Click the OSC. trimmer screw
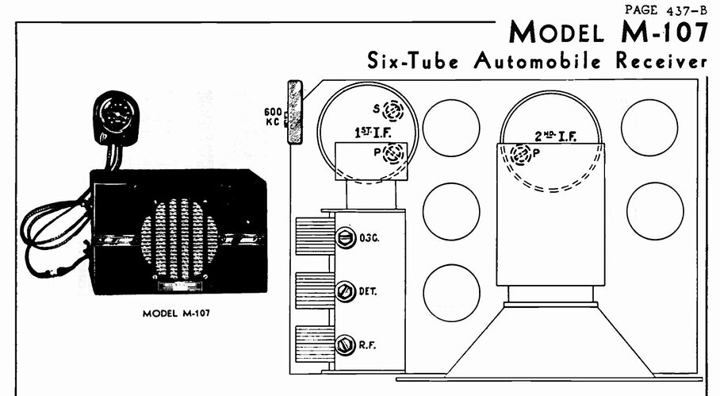point(345,238)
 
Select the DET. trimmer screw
point(345,291)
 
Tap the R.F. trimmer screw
point(345,345)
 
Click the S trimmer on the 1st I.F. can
point(393,110)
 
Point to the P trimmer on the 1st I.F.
point(394,153)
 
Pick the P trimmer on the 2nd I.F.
point(521,155)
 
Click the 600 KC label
point(273,117)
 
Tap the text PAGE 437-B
point(665,10)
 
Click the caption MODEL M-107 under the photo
point(176,313)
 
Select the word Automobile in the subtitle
point(538,61)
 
